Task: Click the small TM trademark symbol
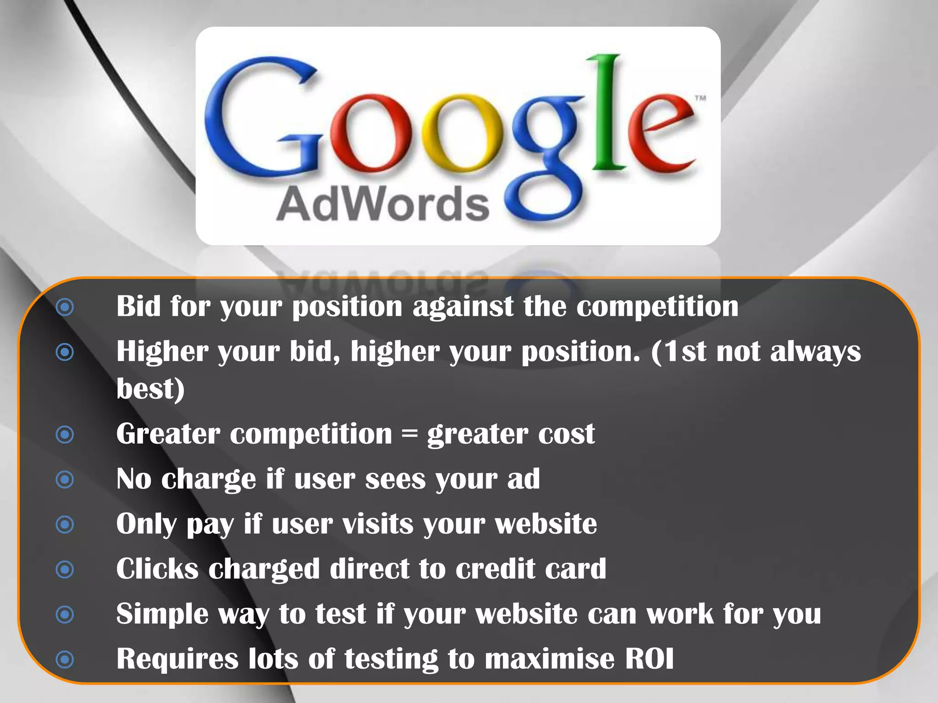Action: point(700,98)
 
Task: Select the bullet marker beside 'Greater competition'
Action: point(65,434)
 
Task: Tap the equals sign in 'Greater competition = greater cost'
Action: point(409,434)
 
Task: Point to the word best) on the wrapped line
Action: point(150,389)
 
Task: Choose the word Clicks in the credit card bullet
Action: point(157,569)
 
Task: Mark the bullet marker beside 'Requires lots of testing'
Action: point(65,660)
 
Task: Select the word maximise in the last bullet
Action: point(549,659)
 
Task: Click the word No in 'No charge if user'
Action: point(134,479)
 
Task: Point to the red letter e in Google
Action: point(660,133)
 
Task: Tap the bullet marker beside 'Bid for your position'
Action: point(65,307)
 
